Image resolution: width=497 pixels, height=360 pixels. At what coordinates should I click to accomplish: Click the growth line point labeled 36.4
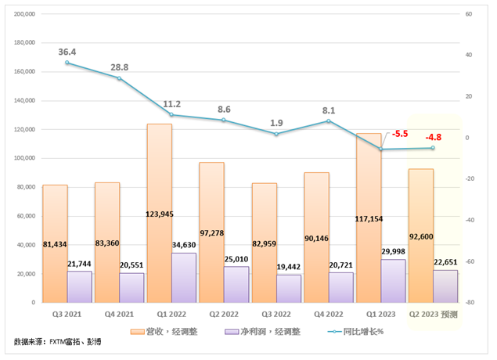67,63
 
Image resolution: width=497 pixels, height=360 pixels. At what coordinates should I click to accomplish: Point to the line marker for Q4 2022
329,121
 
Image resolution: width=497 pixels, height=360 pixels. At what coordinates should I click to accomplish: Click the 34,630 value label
184,246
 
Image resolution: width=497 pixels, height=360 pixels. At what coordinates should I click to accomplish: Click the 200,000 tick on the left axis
26,14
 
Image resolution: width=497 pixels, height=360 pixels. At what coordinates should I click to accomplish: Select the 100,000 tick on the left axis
26,158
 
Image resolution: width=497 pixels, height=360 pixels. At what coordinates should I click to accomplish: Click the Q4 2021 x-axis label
119,314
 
